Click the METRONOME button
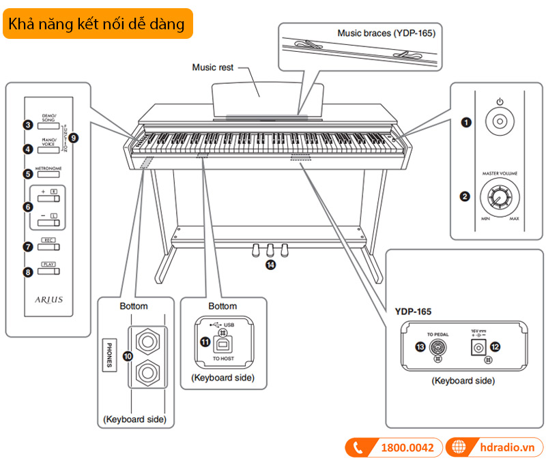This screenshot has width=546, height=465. coord(48,174)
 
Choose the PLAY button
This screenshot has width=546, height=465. coord(48,271)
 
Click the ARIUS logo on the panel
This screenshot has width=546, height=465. coord(48,299)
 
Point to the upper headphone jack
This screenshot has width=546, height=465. coord(147,338)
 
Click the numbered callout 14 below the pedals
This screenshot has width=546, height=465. coord(271,266)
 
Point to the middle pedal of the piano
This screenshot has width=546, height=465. coord(270,249)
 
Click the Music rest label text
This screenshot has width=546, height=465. coord(212,67)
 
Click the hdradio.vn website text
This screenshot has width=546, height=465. coord(504,448)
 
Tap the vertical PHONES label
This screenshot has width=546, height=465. coord(109,355)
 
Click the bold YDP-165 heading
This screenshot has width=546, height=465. coord(414,311)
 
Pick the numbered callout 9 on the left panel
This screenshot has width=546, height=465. coord(74,137)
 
